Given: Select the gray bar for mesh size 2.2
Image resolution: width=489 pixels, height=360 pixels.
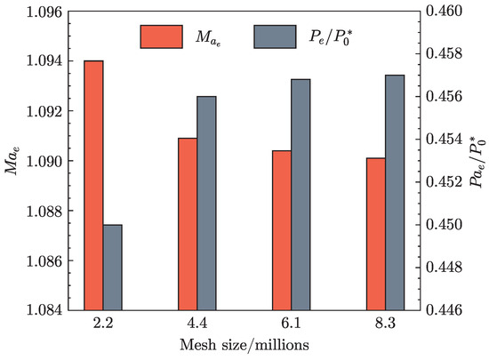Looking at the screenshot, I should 113,268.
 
